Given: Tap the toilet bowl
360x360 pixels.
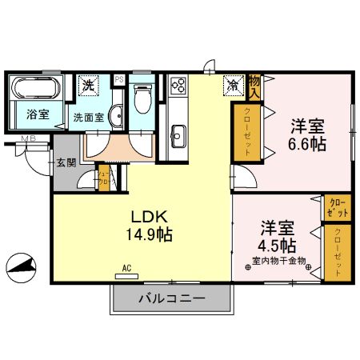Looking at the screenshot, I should tap(143, 99).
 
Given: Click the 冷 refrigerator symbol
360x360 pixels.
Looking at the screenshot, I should tap(232, 83).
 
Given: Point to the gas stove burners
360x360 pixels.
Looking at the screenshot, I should tap(177, 85).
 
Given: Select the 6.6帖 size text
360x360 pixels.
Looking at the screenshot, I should tap(306, 145).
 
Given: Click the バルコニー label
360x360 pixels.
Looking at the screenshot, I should tap(170, 298).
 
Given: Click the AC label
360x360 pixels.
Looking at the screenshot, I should tap(127, 269).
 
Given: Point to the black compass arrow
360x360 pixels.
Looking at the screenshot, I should tap(21, 265).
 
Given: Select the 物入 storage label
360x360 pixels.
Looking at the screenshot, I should tap(254, 82).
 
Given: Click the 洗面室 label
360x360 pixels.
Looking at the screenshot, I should tap(88, 115).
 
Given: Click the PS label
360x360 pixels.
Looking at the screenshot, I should tap(118, 78).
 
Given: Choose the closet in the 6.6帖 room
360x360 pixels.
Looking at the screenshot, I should tap(247, 133).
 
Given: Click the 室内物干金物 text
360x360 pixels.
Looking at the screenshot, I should tap(278, 261).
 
